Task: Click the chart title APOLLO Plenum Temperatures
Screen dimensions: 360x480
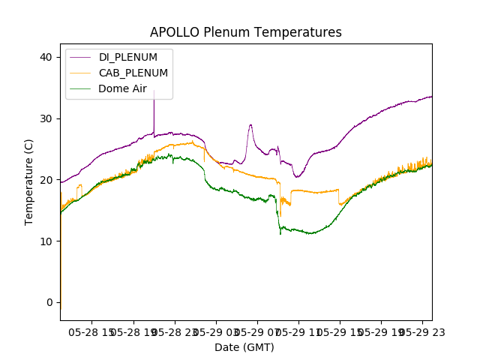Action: [x=245, y=32]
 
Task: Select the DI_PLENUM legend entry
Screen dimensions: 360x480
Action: [x=128, y=57]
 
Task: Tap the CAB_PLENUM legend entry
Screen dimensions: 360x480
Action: [x=133, y=73]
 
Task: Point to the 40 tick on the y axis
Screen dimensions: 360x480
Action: [x=46, y=57]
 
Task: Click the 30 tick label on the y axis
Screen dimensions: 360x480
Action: [x=46, y=118]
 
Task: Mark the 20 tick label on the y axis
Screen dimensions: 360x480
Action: [x=46, y=180]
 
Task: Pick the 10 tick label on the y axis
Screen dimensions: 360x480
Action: [x=46, y=241]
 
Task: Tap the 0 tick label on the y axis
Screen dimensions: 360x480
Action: [x=49, y=302]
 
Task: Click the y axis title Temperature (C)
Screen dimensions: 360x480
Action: [x=29, y=181]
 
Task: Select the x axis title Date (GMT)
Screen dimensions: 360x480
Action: [x=244, y=347]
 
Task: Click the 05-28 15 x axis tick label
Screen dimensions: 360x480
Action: [x=91, y=331]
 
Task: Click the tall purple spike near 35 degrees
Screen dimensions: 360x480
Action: [x=154, y=92]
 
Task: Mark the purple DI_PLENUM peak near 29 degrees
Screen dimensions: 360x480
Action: [x=250, y=125]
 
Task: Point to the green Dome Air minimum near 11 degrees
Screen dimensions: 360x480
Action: [x=280, y=234]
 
